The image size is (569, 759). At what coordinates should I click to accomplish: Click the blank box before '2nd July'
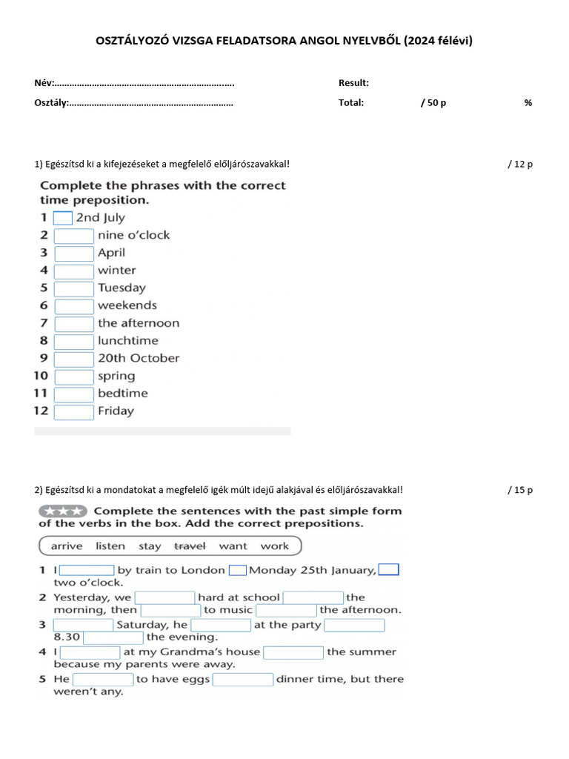[63, 218]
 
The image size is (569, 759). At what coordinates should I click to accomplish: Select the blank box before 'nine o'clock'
[74, 236]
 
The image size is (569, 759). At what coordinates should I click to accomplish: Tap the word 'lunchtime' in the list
[127, 341]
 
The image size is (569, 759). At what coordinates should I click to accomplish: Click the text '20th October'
[139, 358]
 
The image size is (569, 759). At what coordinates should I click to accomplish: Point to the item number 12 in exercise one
[41, 411]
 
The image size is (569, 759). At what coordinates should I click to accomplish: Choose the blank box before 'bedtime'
[74, 394]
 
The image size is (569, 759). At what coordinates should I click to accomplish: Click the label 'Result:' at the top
[353, 83]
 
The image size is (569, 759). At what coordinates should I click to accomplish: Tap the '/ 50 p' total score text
[433, 103]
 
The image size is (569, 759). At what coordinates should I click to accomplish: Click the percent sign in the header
[528, 103]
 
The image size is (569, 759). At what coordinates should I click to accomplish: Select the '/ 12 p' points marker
[520, 164]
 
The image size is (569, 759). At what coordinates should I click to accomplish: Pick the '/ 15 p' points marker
[520, 490]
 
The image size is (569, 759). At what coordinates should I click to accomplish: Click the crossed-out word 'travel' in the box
[190, 546]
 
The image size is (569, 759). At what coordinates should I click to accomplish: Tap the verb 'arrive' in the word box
[67, 546]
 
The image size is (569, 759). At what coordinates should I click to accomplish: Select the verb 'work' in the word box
[274, 546]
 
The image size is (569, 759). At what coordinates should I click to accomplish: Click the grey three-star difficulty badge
[62, 511]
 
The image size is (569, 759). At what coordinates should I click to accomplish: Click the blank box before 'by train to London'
[86, 570]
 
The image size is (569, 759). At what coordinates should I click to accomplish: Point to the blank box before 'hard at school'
[164, 597]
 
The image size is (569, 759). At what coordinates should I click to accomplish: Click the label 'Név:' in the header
[44, 83]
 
